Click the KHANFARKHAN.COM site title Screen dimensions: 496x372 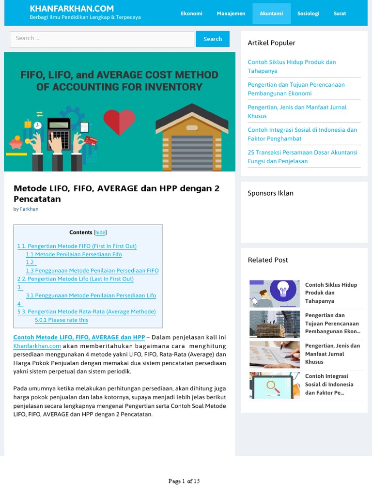click(72, 8)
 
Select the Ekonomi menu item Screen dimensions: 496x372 click(191, 14)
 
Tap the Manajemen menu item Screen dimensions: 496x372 click(231, 14)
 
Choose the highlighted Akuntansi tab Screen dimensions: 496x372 click(271, 14)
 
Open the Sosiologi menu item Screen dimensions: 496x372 click(308, 14)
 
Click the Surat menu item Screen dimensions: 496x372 click(340, 14)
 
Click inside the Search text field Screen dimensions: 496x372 click(102, 39)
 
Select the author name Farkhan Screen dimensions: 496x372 click(29, 209)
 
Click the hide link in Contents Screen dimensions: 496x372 click(100, 232)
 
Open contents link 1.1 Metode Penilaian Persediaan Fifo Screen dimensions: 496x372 click(74, 254)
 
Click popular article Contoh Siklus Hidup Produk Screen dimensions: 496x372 click(292, 66)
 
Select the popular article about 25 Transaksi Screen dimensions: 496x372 click(302, 156)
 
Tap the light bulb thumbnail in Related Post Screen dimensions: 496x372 click(275, 294)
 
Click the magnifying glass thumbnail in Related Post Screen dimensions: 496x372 click(275, 385)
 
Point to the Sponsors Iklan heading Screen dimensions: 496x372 click(270, 193)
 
